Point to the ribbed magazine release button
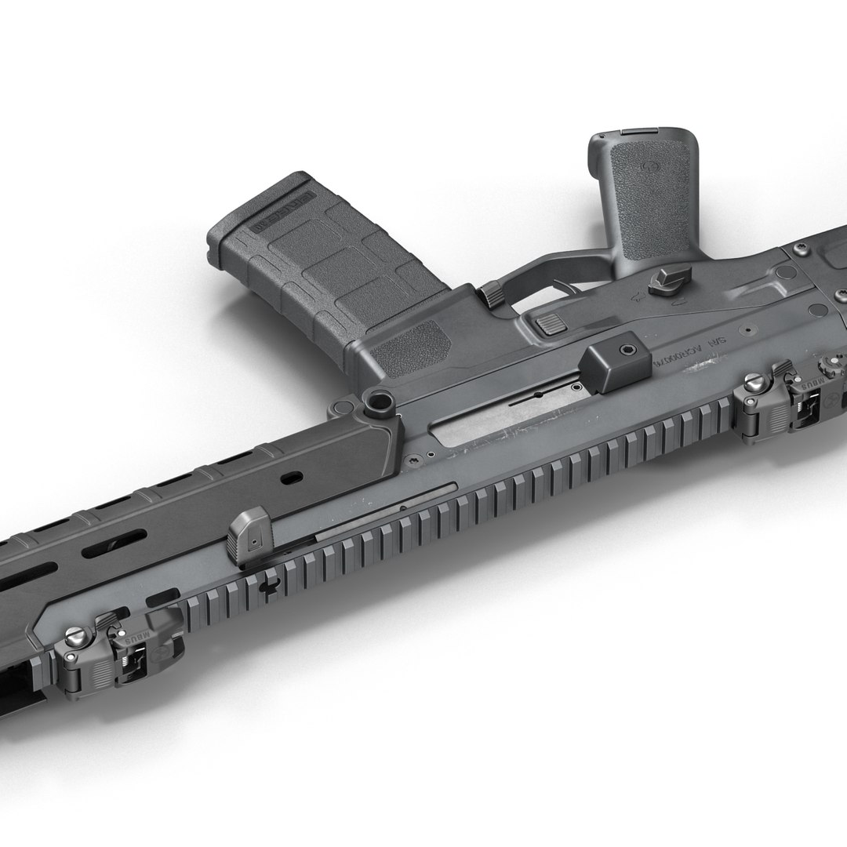point(550,322)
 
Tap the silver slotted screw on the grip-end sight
point(754,383)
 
